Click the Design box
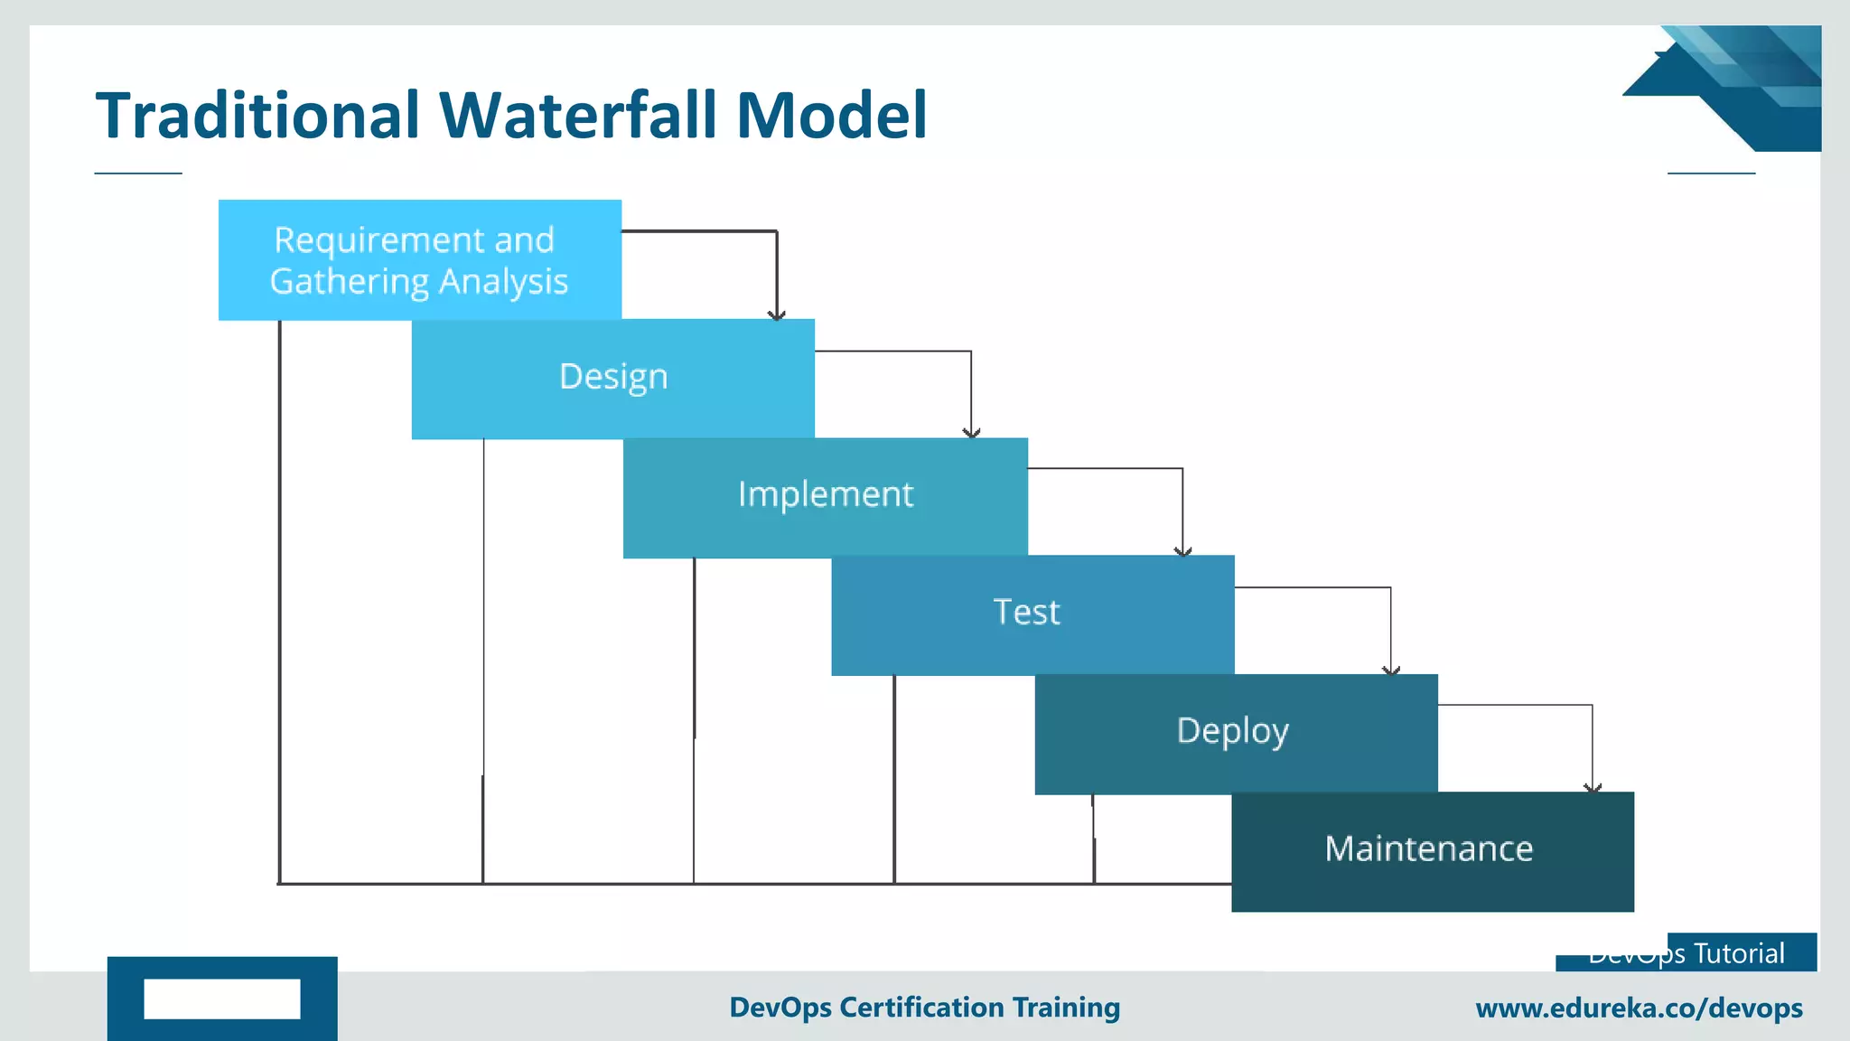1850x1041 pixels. [613, 379]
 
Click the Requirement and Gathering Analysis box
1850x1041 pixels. [419, 260]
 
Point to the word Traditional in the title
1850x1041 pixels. [258, 116]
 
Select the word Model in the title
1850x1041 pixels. [832, 116]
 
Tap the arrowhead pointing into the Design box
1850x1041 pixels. [777, 314]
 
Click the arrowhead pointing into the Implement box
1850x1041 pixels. [971, 433]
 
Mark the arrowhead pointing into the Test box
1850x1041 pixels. [1182, 550]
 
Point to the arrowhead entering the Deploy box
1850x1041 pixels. [1391, 670]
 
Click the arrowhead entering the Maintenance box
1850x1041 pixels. [1593, 788]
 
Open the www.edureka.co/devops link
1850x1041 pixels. [1639, 1008]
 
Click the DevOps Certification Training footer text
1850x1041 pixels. [924, 1008]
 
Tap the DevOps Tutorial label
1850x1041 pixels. [1686, 954]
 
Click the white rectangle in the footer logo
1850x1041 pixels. [222, 999]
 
